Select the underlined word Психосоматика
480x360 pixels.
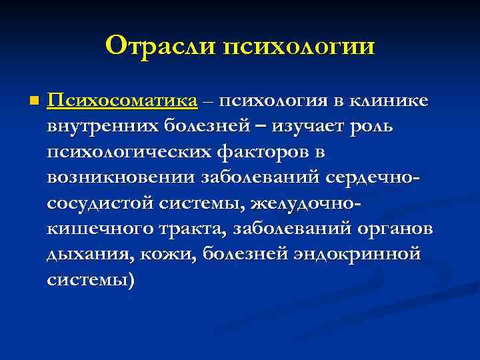coord(123,101)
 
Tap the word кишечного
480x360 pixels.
coord(90,229)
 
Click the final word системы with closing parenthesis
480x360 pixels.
coord(91,281)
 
